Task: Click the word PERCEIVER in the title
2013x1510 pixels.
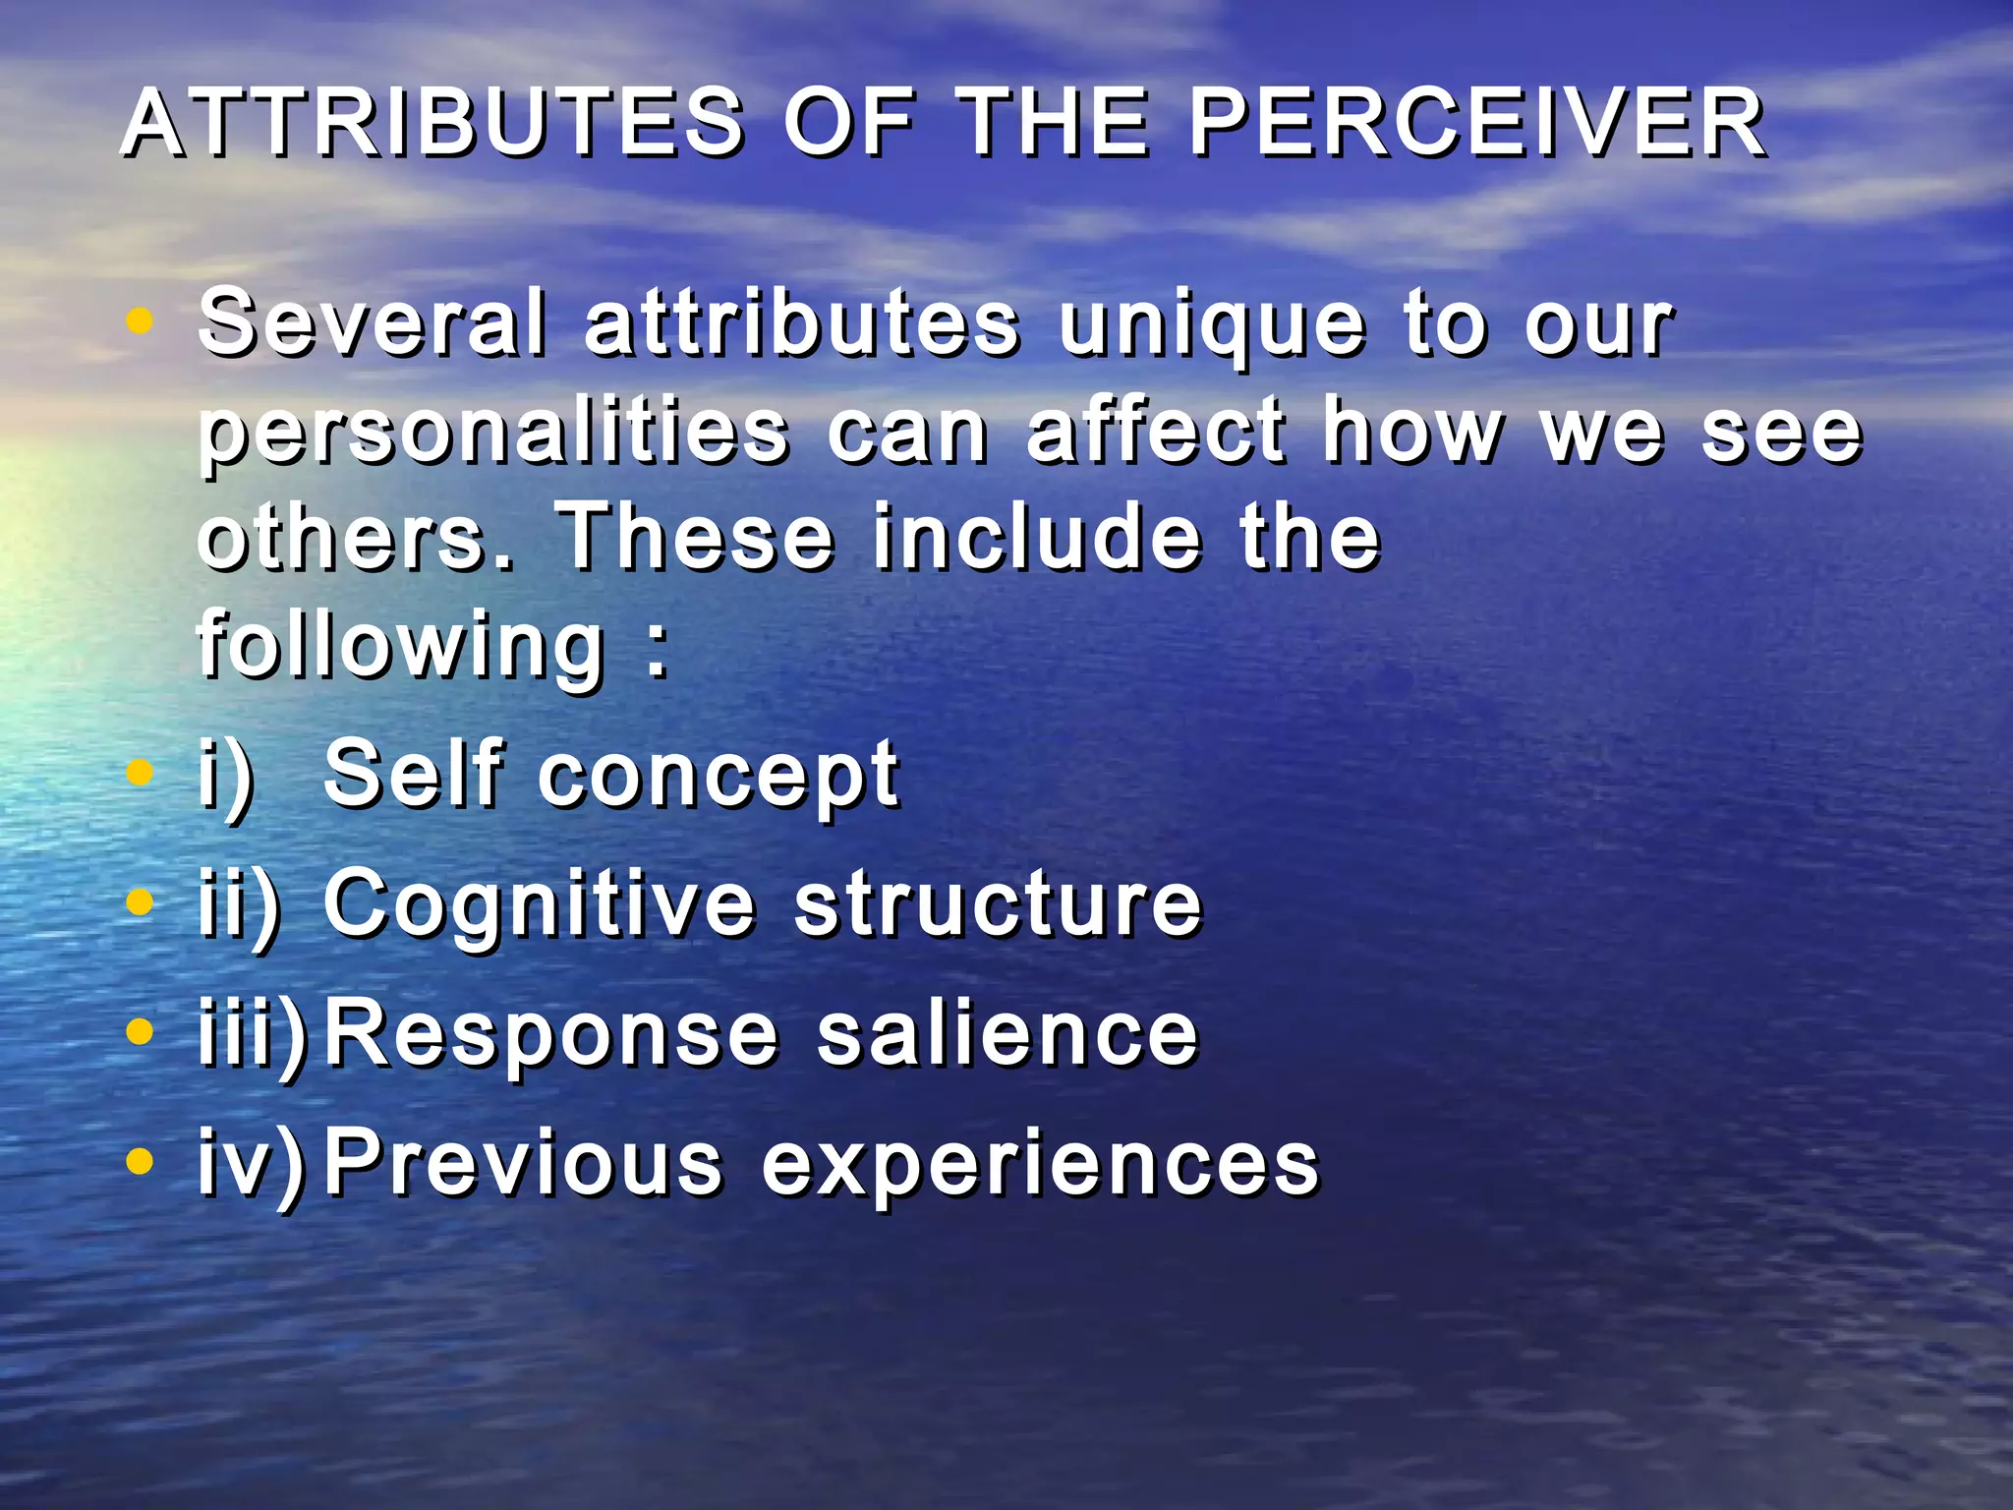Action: tap(1477, 124)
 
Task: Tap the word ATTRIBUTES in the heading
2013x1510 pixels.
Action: tap(433, 124)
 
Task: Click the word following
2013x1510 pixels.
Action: tap(401, 647)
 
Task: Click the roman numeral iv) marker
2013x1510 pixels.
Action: tap(252, 1164)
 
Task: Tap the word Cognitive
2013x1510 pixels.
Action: tap(540, 906)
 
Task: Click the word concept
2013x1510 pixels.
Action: tap(718, 777)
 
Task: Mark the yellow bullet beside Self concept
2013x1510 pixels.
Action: tap(141, 772)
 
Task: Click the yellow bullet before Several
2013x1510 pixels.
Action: tap(141, 320)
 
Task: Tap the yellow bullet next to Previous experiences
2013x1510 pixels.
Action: tap(141, 1162)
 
